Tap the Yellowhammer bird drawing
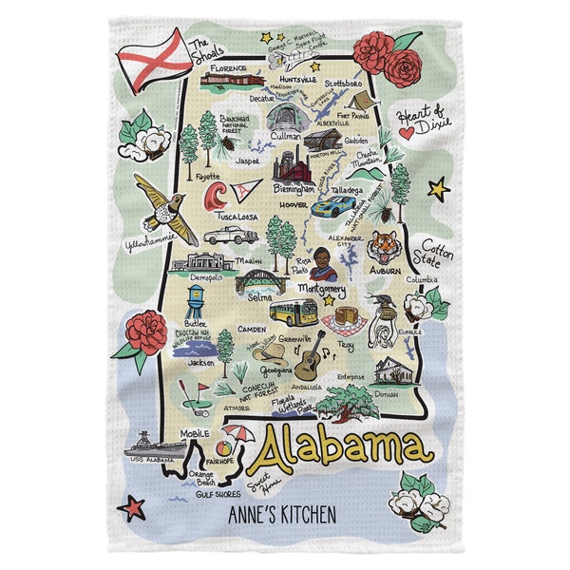click(163, 207)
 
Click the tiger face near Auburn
click(384, 245)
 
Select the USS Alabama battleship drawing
click(152, 445)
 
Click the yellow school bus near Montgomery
click(294, 312)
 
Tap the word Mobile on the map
click(194, 433)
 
